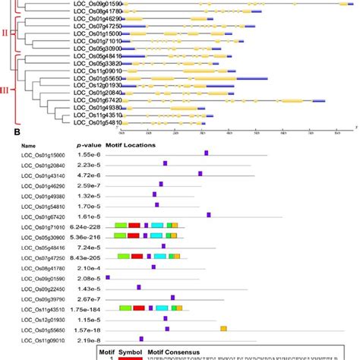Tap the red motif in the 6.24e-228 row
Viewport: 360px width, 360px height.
(x=134, y=226)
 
